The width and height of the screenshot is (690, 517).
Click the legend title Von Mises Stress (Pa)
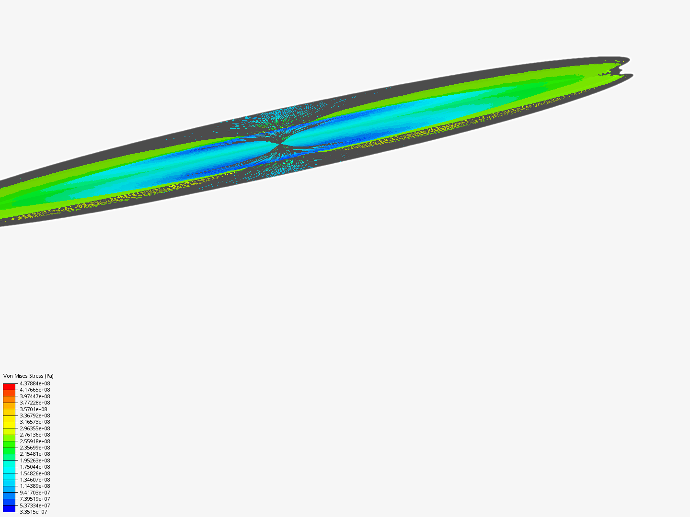[x=28, y=376]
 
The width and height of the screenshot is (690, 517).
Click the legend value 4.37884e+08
[x=34, y=383]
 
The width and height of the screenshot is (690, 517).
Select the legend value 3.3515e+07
[x=33, y=512]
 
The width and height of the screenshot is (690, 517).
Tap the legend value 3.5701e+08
[x=33, y=409]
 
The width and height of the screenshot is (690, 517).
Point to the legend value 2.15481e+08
[x=34, y=454]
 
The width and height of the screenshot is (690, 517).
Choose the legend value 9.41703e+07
[x=34, y=493]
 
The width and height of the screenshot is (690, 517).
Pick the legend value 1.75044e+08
[x=34, y=467]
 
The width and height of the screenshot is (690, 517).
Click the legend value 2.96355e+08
[x=34, y=428]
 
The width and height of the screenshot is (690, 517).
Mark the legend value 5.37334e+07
[x=34, y=506]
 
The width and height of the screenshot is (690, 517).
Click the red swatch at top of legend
[x=9, y=386]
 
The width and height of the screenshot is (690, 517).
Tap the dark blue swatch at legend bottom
[x=9, y=508]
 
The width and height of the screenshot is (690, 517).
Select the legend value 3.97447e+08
[x=34, y=396]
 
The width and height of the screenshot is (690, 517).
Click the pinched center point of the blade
[x=280, y=144]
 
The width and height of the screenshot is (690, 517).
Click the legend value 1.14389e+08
[x=34, y=486]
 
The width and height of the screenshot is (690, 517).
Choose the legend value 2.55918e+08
[x=34, y=441]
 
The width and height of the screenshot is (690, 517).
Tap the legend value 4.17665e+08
[x=34, y=390]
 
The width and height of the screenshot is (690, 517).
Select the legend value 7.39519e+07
[x=34, y=499]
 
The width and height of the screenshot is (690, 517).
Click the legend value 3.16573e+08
[x=34, y=422]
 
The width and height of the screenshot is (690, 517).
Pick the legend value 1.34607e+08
[x=34, y=480]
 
